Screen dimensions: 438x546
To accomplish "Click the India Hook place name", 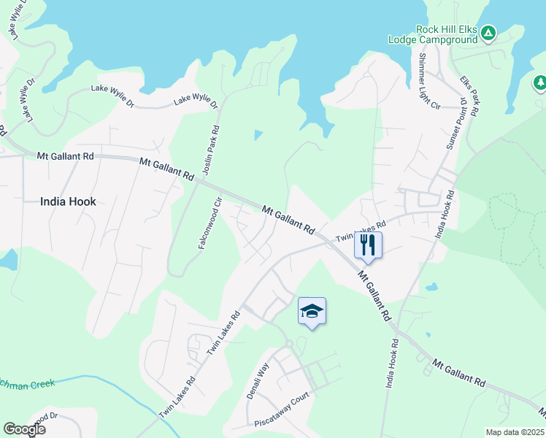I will [x=68, y=201].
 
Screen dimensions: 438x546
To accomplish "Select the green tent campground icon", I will [x=489, y=33].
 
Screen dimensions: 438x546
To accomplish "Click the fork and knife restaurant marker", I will [x=368, y=245].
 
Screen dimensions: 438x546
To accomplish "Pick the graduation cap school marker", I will [x=312, y=312].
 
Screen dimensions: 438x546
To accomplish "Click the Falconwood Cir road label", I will [x=209, y=223].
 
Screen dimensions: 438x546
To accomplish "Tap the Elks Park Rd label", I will [x=470, y=96].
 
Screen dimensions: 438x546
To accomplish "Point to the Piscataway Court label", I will [x=282, y=410].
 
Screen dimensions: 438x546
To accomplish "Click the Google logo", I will [x=24, y=429].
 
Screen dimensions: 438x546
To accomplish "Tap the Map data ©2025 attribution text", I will [x=514, y=432].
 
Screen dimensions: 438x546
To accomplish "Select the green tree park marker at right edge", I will [x=540, y=83].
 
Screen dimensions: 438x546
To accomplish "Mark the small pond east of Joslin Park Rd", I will [x=257, y=135].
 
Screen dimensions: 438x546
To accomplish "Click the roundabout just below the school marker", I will [x=289, y=342].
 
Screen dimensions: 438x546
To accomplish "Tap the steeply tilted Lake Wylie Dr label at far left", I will [x=28, y=101].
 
